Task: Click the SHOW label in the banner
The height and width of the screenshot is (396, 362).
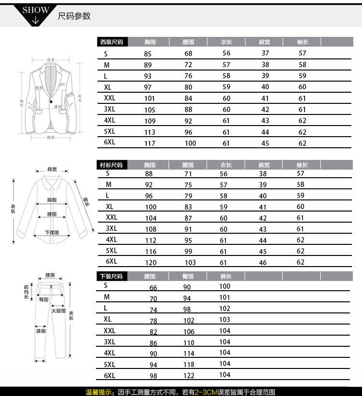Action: pos(36,10)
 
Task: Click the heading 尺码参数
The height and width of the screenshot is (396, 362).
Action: pos(74,16)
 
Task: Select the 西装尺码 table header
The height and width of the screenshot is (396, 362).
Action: pos(111,42)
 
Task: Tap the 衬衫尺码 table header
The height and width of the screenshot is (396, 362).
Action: pos(111,165)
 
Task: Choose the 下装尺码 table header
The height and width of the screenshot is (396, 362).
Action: pos(111,277)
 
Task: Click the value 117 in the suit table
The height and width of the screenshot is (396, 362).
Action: pos(150,143)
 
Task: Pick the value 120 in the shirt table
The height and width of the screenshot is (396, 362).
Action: pos(151,262)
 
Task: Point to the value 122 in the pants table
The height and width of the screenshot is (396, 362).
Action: pos(189,376)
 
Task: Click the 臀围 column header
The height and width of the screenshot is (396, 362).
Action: pos(188,277)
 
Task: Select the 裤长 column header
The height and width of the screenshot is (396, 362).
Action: pos(225,277)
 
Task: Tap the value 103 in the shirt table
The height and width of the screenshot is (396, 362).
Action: pos(190,263)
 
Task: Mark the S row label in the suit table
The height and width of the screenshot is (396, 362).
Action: pos(105,54)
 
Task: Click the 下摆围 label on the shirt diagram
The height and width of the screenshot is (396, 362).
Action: pos(52,232)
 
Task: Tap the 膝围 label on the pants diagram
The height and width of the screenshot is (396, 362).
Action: pos(41,332)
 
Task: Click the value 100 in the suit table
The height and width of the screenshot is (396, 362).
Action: pos(190,143)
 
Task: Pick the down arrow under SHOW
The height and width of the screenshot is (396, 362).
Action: pos(35,21)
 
